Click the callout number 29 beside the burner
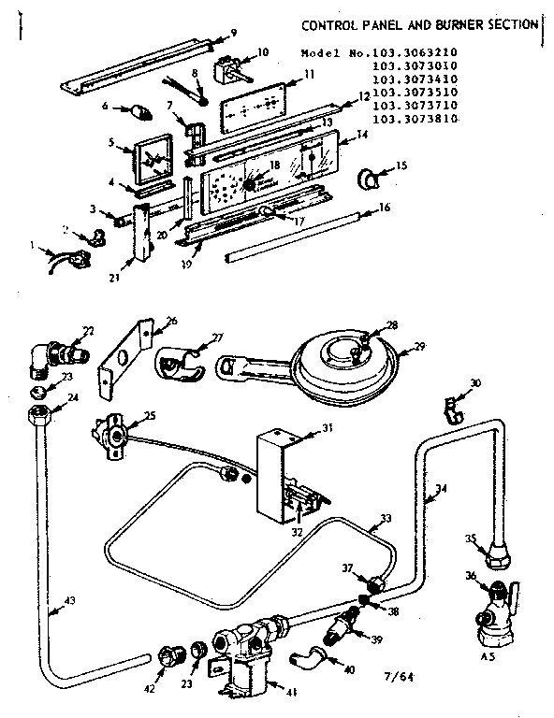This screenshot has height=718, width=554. (419, 347)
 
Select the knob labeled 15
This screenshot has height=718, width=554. (372, 175)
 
